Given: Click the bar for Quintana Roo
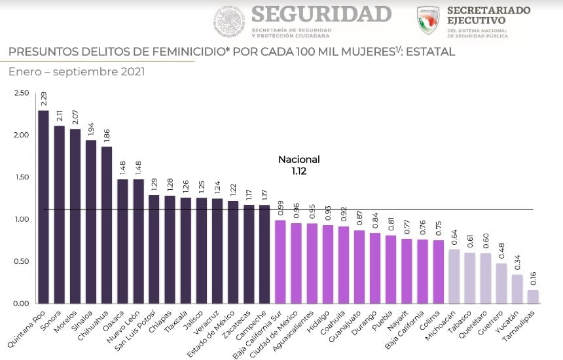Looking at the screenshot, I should pyautogui.click(x=44, y=207).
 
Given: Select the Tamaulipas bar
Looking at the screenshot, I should pyautogui.click(x=534, y=297).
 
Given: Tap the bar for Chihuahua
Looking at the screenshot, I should pyautogui.click(x=107, y=225).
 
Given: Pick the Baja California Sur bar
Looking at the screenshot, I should pyautogui.click(x=280, y=262).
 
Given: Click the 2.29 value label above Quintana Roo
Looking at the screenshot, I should pyautogui.click(x=44, y=99).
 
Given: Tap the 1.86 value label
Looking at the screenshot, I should pyautogui.click(x=107, y=135).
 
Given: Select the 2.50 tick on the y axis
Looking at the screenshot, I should pyautogui.click(x=21, y=94).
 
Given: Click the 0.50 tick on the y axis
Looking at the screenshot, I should pyautogui.click(x=21, y=262).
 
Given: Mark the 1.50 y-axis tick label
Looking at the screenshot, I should pyautogui.click(x=21, y=177).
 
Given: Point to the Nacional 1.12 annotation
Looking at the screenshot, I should pyautogui.click(x=299, y=165).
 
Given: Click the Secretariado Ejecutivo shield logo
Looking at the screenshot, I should pyautogui.click(x=428, y=20).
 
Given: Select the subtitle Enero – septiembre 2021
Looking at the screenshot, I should pyautogui.click(x=77, y=71).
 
